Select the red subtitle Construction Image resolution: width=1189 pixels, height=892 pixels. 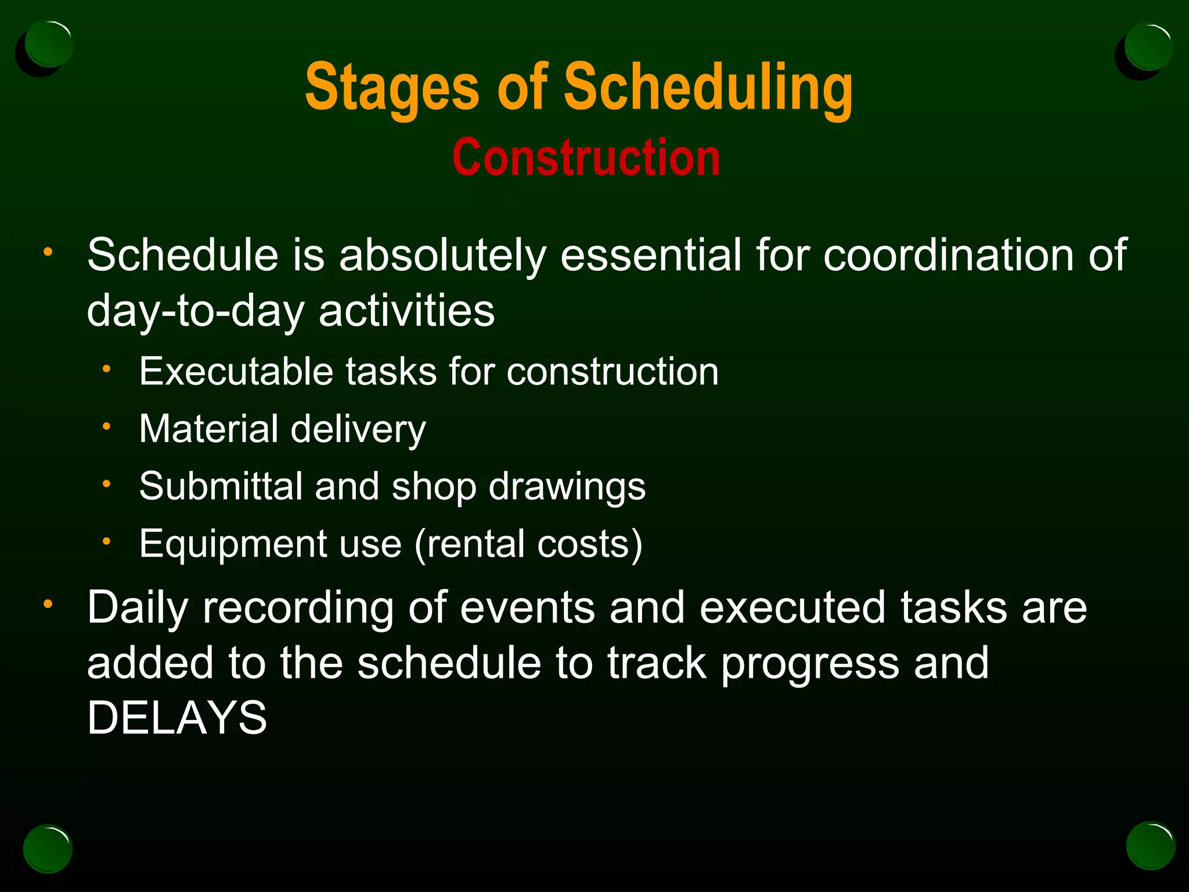pyautogui.click(x=586, y=158)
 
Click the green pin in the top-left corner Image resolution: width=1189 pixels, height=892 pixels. pyautogui.click(x=49, y=44)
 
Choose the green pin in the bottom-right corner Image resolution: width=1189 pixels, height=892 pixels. pyautogui.click(x=1150, y=846)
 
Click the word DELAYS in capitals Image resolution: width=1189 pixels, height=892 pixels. pyautogui.click(x=177, y=718)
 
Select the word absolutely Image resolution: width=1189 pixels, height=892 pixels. pyautogui.click(x=442, y=256)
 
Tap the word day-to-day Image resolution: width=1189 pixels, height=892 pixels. pyautogui.click(x=195, y=311)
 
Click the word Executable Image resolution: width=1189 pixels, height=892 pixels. pyautogui.click(x=236, y=372)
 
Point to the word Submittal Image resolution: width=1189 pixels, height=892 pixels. pyautogui.click(x=221, y=486)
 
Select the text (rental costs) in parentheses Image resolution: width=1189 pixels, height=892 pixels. pyautogui.click(x=528, y=544)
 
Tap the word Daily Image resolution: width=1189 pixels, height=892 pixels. pyautogui.click(x=138, y=607)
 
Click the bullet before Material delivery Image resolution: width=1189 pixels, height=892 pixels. pyautogui.click(x=106, y=427)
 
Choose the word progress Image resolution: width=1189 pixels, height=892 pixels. pyautogui.click(x=810, y=663)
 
